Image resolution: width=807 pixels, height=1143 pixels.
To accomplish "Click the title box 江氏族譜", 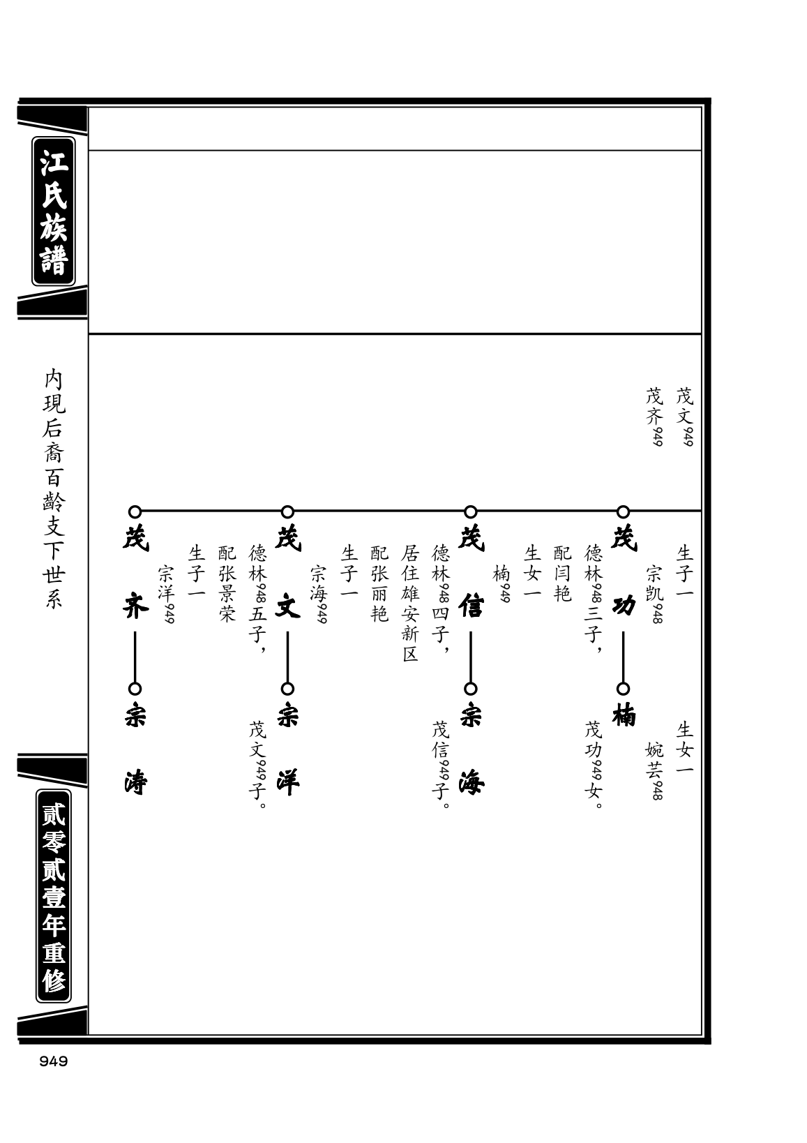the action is point(54,211).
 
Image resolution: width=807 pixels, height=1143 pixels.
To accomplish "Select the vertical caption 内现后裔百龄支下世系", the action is point(54,489).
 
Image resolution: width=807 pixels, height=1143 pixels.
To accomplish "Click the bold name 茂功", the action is point(624,572).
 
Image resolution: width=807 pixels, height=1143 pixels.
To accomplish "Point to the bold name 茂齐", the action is point(135,572).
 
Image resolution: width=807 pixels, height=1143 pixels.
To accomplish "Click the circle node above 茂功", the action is point(623,511).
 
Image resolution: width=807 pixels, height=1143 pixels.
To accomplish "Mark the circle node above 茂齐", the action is point(135,511).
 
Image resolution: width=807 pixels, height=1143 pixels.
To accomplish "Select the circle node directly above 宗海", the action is point(470,689).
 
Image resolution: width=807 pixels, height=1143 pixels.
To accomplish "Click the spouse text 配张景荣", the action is point(227,583).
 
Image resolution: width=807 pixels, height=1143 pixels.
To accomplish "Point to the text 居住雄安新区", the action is point(410,603).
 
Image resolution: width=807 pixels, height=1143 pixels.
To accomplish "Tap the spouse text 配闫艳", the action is point(563,574).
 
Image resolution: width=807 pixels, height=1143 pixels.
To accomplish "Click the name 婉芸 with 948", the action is point(654,771).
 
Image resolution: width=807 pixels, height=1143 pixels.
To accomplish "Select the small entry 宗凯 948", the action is point(654,594).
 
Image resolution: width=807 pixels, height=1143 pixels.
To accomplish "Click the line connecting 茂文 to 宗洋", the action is point(287,657).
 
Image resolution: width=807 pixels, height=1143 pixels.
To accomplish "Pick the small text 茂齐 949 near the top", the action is point(654,417).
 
